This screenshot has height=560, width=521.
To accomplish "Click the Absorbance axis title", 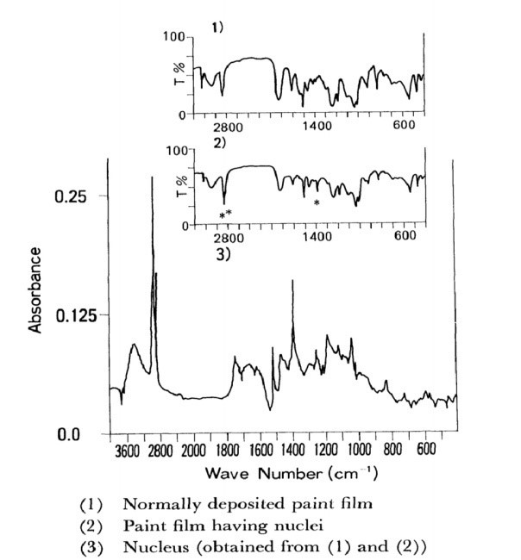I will pos(35,290).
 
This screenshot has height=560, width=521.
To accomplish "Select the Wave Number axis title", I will pos(293,475).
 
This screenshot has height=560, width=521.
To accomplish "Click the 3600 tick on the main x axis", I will pos(126,451).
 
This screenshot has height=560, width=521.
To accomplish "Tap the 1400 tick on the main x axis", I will pos(292,451).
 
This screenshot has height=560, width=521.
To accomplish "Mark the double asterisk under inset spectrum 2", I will pos(225,214).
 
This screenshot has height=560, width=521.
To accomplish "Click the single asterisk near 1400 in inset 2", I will pos(317,202).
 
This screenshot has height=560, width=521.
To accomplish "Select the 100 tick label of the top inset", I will pos(176,37).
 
